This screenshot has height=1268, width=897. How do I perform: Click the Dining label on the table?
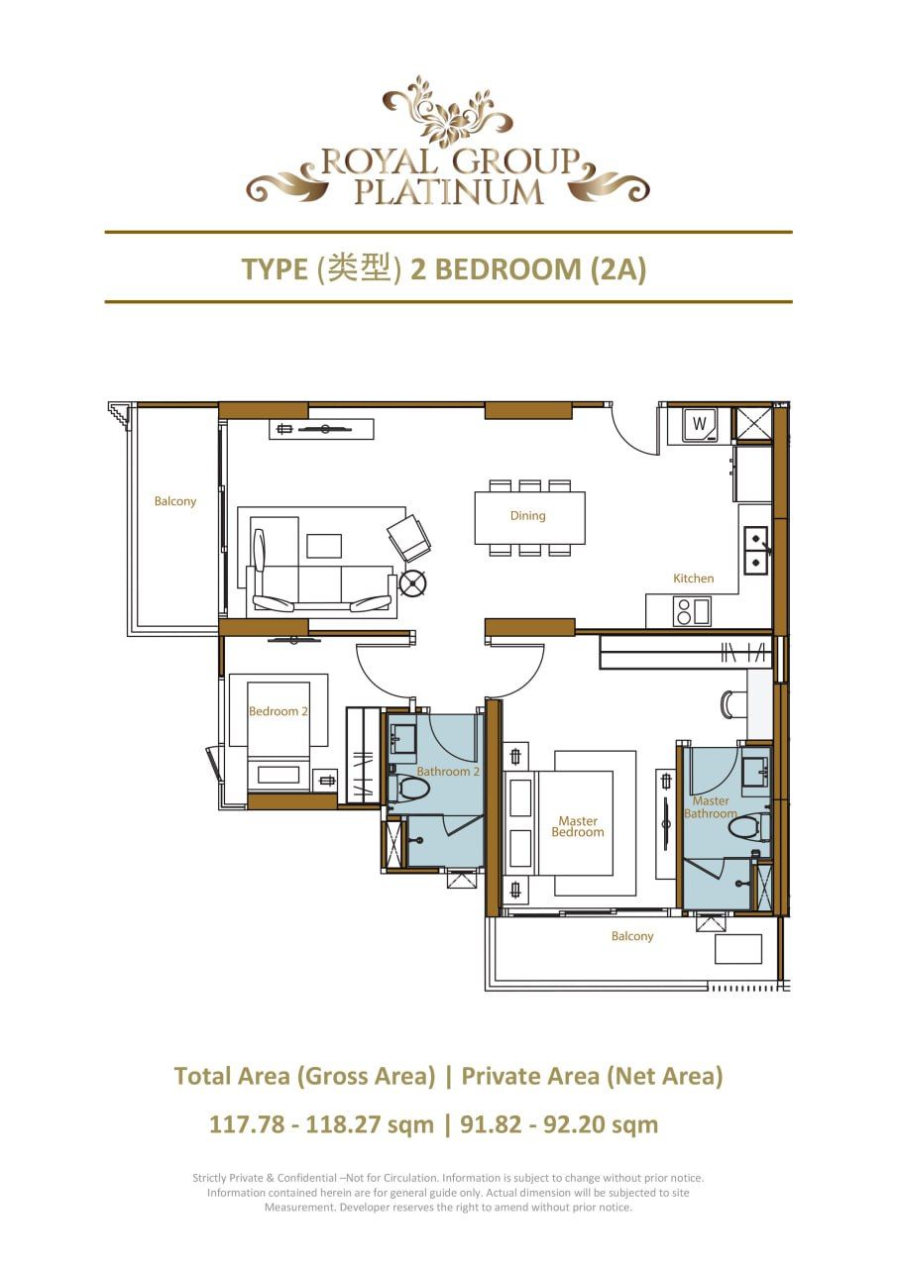point(527,515)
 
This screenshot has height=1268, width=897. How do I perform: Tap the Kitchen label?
point(693,579)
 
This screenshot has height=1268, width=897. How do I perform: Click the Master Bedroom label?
point(578,827)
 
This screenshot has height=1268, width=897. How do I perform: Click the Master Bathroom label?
point(711,807)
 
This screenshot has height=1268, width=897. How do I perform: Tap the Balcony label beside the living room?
point(175,501)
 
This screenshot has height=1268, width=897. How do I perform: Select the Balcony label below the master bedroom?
point(631,936)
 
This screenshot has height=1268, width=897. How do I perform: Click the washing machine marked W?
point(699,425)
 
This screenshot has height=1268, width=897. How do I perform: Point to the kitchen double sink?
point(756,550)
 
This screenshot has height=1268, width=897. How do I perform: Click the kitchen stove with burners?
point(683,612)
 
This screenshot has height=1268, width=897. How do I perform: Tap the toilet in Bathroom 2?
point(412,790)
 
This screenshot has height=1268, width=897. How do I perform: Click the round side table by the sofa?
point(412,583)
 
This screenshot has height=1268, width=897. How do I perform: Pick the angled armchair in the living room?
point(408,538)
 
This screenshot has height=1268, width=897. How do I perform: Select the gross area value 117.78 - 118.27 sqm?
point(321,1125)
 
